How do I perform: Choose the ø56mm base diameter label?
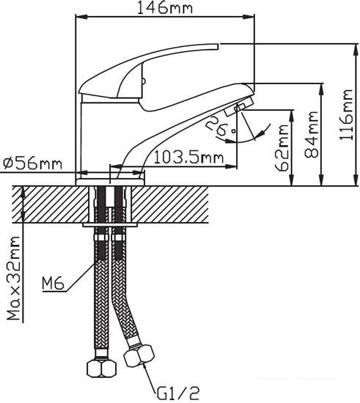point(32,163)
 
